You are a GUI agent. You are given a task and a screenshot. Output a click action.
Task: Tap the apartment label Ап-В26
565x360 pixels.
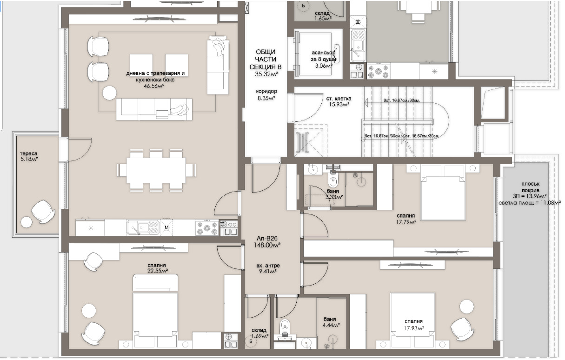[267, 239]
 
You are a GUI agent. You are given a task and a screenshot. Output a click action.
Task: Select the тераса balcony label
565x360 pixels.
[28, 153]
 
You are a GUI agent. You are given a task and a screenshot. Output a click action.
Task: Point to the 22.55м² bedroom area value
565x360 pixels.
[158, 271]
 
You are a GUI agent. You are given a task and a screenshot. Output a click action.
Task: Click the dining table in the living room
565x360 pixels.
[156, 170]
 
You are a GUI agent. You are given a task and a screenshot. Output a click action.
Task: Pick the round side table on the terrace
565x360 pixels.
[27, 222]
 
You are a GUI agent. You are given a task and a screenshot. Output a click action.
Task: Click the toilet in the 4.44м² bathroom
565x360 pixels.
[285, 326]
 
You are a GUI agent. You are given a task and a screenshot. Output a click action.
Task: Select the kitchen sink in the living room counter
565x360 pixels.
[143, 228]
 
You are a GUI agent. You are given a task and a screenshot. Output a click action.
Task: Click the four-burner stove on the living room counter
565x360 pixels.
[207, 228]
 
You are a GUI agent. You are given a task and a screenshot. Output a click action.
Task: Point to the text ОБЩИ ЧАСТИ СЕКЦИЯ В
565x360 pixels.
[266, 60]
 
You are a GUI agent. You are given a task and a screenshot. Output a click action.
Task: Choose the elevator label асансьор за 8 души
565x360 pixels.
[324, 56]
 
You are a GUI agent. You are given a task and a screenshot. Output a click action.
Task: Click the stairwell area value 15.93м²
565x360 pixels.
[338, 105]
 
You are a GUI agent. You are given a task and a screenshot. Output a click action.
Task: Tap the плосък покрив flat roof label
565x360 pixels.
[531, 187]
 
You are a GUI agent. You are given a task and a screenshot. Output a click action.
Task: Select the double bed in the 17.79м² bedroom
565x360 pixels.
[443, 193]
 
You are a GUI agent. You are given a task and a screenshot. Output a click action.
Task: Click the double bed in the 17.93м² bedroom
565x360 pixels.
[412, 320]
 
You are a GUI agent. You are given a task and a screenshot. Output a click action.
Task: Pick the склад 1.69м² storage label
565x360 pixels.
[259, 333]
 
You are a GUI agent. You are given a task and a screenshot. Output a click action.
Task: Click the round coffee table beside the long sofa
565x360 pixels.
[109, 93]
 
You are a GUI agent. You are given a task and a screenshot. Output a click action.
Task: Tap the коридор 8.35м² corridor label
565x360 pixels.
[266, 94]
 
